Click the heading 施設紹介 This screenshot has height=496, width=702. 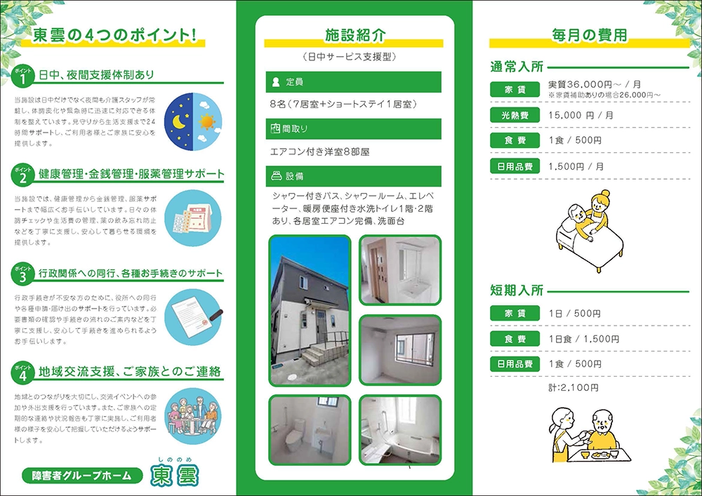(x=355, y=35)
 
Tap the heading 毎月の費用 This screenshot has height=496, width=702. (x=589, y=35)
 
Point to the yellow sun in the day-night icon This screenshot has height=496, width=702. (x=207, y=121)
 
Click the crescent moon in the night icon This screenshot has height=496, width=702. (x=179, y=121)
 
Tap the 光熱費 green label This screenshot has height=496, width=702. (x=515, y=115)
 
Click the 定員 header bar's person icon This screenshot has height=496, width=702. (x=276, y=82)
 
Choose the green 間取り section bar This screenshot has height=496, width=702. (x=353, y=129)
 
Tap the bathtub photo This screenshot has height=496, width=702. (x=400, y=430)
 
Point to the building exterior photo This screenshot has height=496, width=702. (x=310, y=310)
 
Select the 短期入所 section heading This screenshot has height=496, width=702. (x=517, y=290)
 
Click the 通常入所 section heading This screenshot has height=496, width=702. (x=517, y=67)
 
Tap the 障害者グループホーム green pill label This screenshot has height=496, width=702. (x=81, y=476)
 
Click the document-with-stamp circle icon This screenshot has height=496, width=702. (x=193, y=317)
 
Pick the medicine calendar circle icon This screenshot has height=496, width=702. (x=193, y=218)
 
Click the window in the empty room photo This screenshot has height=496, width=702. (x=415, y=349)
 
